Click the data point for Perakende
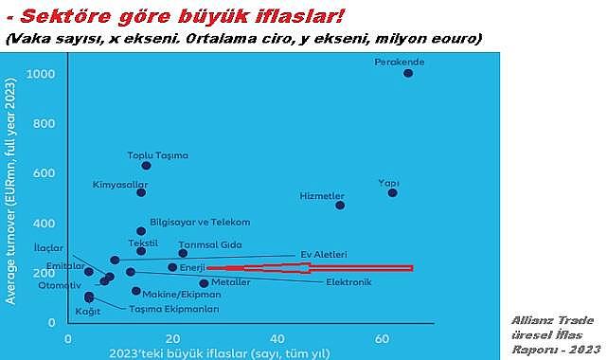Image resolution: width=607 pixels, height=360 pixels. pyautogui.click(x=408, y=73)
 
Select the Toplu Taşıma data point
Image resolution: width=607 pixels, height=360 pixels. pyautogui.click(x=147, y=166)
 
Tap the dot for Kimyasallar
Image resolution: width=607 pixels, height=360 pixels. pyautogui.click(x=141, y=192)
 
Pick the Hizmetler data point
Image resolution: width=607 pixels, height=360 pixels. pyautogui.click(x=340, y=205)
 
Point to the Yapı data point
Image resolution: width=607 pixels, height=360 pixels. pyautogui.click(x=393, y=192)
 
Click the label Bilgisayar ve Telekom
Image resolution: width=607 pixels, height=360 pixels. pyautogui.click(x=200, y=222)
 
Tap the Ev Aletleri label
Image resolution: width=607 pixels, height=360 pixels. pyautogui.click(x=323, y=255)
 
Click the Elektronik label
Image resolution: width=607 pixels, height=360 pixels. pyautogui.click(x=348, y=281)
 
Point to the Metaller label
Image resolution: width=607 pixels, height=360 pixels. pyautogui.click(x=231, y=282)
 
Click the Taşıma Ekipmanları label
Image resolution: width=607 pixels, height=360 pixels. pyautogui.click(x=175, y=309)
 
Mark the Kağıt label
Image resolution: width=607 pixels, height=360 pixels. pyautogui.click(x=87, y=311)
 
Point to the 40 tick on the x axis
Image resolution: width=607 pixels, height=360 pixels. pyautogui.click(x=277, y=338)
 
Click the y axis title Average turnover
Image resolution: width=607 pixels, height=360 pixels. pyautogui.click(x=10, y=190)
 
